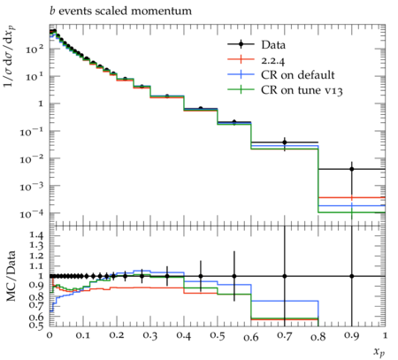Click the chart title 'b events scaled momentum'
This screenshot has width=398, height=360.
pos(120,11)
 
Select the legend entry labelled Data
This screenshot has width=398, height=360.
pos(273,45)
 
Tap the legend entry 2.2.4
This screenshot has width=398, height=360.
pos(273,60)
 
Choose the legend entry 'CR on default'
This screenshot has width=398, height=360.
pos(298,75)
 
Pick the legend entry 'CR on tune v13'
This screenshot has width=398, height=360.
pos(302,90)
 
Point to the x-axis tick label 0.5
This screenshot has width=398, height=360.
pos(218,336)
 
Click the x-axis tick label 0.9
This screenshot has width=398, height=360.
pos(351,336)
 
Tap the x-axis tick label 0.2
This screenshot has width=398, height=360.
pos(117,336)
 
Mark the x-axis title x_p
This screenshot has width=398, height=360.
pos(379,352)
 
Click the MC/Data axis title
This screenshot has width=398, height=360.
pos(11,276)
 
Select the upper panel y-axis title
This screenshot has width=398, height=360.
pos(10,57)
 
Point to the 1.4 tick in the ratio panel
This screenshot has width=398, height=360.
pos(37,235)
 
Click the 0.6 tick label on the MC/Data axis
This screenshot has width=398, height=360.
pos(37,317)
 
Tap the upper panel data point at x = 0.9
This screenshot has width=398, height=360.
pos(352,169)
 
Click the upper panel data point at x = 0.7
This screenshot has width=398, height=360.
pos(285,142)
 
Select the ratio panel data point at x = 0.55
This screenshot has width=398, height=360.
pos(234,276)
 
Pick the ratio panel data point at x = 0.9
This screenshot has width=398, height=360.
pos(352,276)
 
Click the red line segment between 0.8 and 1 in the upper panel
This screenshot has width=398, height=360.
pos(352,197)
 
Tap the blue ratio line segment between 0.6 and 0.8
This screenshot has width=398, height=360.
pos(285,301)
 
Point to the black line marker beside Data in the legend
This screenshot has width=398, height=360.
pos(241,44)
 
